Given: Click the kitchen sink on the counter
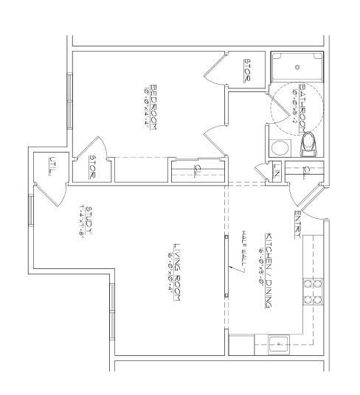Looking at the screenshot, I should (x=279, y=342).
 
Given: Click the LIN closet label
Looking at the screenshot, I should (x=276, y=172).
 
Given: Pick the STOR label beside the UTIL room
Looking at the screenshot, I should (x=94, y=164).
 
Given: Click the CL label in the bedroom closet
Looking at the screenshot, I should (x=195, y=171).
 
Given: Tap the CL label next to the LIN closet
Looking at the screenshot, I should (x=305, y=172).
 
